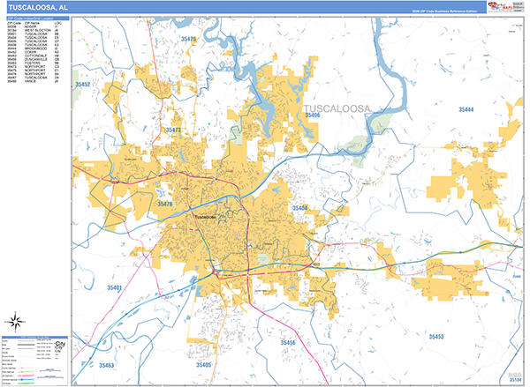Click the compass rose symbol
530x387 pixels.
14,322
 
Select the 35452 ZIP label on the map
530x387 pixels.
84,84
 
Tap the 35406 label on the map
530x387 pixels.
313,115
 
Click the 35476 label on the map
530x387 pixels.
166,205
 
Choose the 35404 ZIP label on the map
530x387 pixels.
299,208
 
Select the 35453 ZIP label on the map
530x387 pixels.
436,337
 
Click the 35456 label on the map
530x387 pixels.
288,342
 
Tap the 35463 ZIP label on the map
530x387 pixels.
106,364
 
